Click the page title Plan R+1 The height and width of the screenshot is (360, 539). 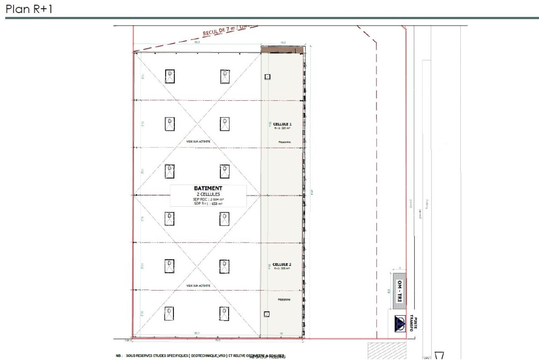29,9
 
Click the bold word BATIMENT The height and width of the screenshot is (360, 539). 208,188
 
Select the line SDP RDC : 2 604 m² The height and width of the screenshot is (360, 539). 208,199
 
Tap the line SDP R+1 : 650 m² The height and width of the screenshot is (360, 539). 208,203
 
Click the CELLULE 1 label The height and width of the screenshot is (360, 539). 282,124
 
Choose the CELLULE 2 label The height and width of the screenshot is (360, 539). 282,264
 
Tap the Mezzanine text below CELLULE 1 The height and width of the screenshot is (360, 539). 284,142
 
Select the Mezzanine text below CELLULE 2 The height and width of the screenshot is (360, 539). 284,300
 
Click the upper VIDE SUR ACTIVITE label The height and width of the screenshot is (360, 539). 198,142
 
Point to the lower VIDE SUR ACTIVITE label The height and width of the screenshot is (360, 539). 198,286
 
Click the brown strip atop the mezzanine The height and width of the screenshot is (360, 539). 282,50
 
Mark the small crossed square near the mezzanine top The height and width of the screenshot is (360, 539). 267,77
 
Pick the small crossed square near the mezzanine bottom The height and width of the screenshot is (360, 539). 266,314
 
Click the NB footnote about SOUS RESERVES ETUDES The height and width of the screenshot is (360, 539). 200,356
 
